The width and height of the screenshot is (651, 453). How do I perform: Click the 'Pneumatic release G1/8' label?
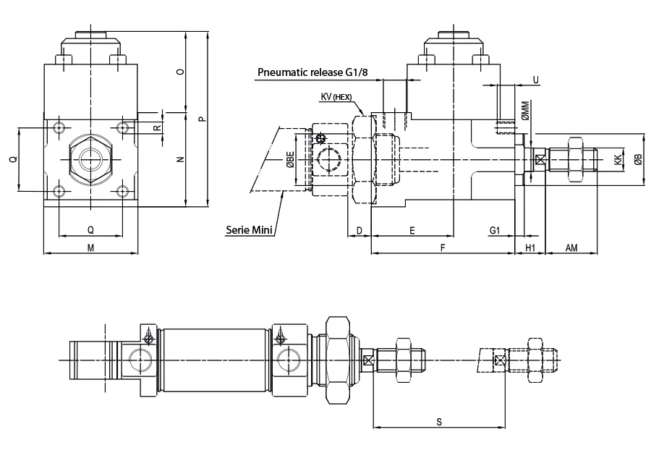(312, 72)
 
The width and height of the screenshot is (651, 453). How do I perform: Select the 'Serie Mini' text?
(249, 229)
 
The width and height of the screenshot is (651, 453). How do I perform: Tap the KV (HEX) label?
(336, 97)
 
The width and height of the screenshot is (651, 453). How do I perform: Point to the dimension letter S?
(439, 423)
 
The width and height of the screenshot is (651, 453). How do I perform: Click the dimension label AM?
(571, 248)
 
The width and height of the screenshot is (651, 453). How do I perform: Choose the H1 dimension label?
(530, 248)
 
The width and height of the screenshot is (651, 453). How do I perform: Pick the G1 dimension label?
(495, 230)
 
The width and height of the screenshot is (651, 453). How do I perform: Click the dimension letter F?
(443, 248)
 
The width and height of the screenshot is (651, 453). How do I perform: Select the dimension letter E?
(412, 230)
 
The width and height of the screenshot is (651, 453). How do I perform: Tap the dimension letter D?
(359, 230)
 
